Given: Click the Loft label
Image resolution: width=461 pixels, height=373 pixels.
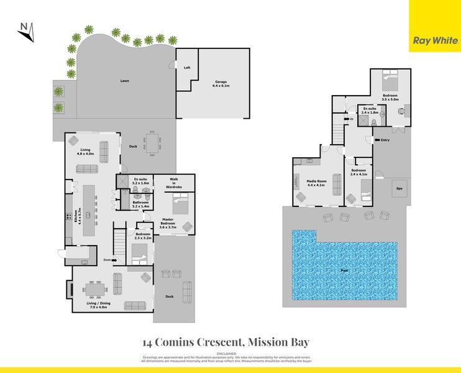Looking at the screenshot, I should coord(186,68).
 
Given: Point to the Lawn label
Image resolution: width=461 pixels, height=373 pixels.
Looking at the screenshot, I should coord(124,81).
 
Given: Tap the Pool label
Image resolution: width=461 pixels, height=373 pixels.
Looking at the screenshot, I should coord(344,270).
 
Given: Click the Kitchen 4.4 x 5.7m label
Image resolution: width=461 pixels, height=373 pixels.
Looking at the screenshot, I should coord(78,214).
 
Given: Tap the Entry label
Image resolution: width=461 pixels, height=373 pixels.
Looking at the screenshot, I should coord(385,140).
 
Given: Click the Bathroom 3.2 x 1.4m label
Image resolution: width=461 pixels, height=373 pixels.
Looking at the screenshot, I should coord(140,203).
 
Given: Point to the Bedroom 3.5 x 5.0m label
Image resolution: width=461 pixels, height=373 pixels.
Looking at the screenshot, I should coord(390,97).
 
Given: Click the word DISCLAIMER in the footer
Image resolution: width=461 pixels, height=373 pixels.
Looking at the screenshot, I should coord(230,352).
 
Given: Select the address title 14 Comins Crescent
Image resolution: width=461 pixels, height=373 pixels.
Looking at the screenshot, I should coord(226,341).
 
